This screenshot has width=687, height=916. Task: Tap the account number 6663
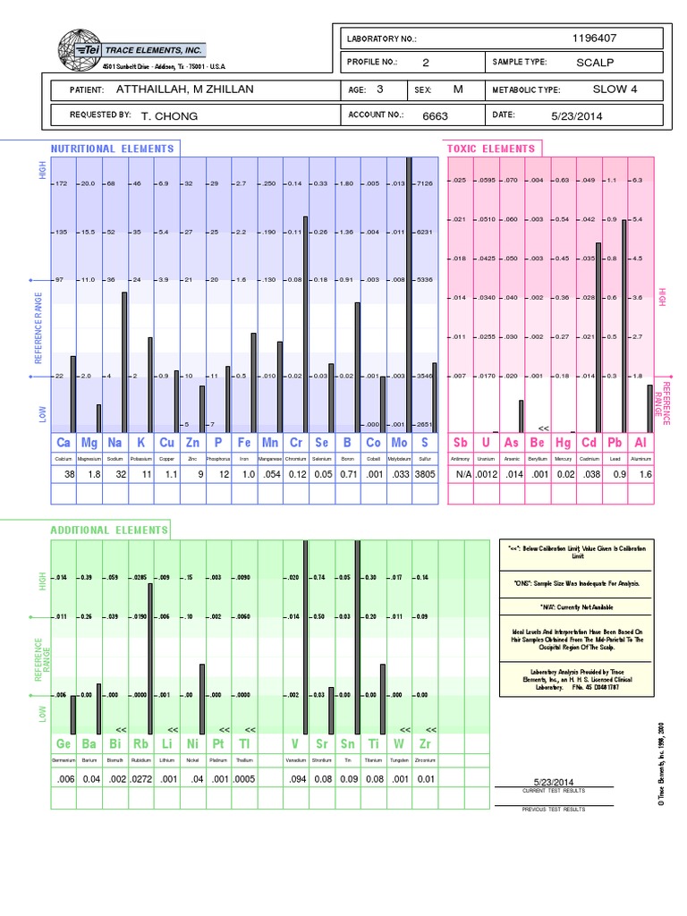(x=435, y=115)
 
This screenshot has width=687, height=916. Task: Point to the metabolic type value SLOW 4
(x=615, y=90)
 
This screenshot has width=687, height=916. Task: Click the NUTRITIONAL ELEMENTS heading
(x=113, y=148)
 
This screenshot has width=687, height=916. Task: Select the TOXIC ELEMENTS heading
(x=491, y=148)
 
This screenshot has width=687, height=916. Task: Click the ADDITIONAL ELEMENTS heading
(x=109, y=530)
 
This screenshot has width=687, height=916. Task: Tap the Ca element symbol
(x=64, y=443)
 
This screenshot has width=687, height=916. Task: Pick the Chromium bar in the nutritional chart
(x=305, y=324)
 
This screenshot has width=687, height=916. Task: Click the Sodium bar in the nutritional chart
(x=124, y=361)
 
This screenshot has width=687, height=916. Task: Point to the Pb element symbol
(x=614, y=443)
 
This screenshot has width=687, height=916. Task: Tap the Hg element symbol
(x=563, y=443)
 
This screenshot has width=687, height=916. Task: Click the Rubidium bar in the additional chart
(x=149, y=658)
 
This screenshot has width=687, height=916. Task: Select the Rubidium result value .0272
(x=141, y=779)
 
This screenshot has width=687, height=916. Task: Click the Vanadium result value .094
(x=296, y=779)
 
